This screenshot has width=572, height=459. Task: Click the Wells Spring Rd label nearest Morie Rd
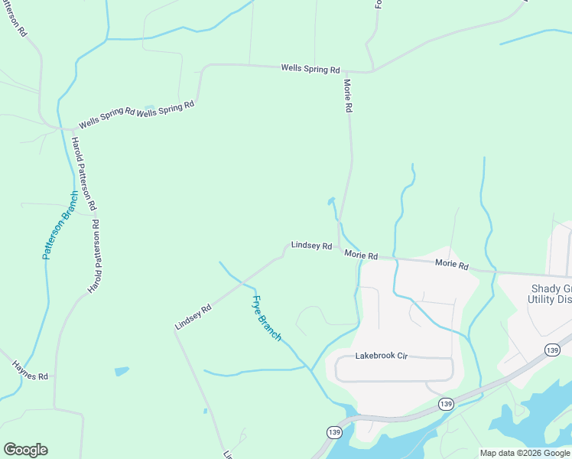coord(310,69)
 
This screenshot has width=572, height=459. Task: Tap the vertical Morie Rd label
coord(347,96)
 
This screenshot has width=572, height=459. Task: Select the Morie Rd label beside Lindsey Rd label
coord(361,255)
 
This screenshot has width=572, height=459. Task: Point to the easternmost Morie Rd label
coord(451,264)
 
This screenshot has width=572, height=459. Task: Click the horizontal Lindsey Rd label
coord(311,246)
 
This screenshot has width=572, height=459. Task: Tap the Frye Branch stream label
coord(267,317)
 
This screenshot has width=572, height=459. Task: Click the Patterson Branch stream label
coord(60,225)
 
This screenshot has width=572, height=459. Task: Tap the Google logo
coord(25,450)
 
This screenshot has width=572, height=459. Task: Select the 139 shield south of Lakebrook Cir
coord(446,403)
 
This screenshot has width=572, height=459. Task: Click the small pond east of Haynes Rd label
coord(122,372)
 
